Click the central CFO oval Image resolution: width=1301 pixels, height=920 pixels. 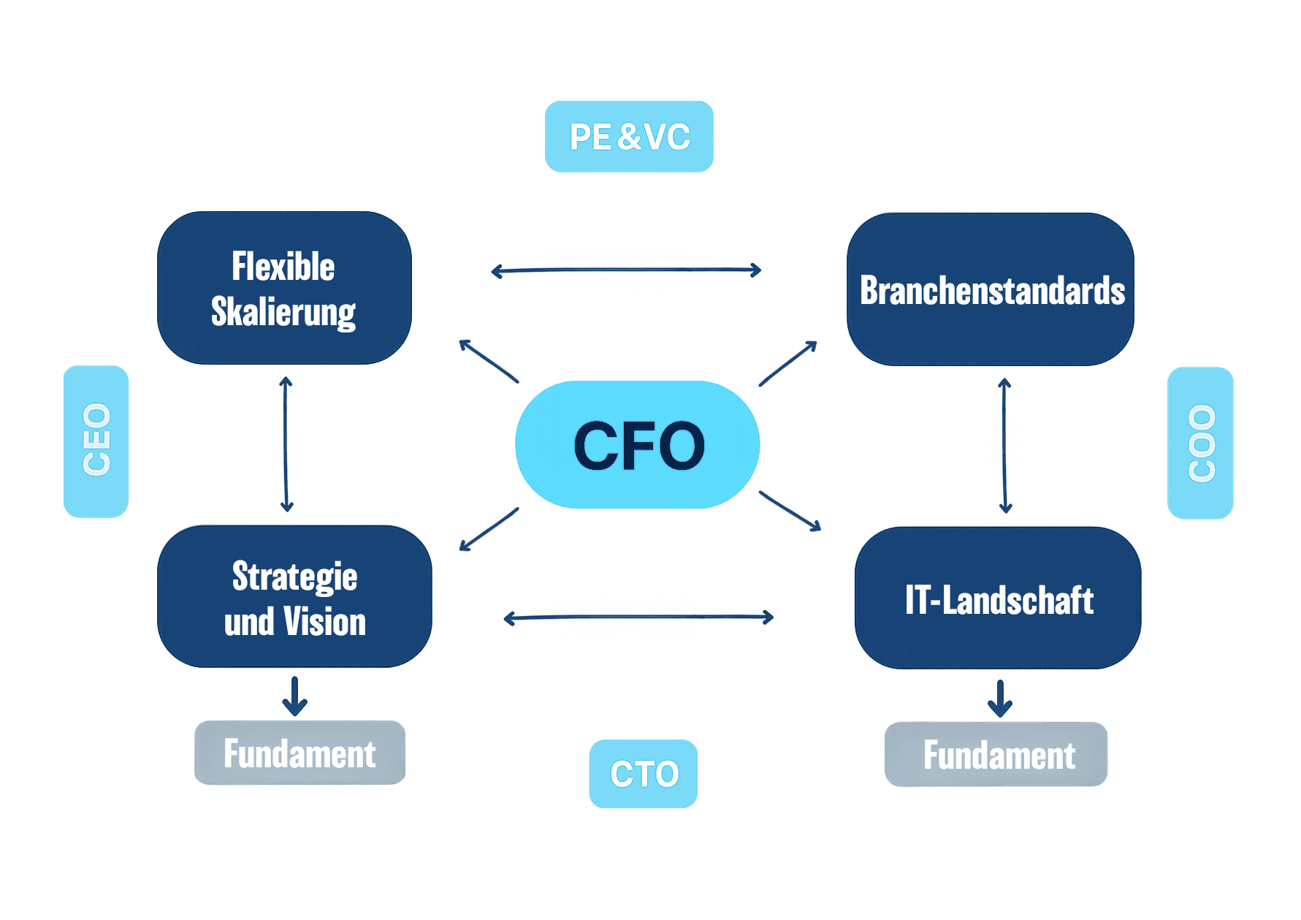[637, 444]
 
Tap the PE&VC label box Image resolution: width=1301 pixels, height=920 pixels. [629, 137]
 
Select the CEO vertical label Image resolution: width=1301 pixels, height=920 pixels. [96, 441]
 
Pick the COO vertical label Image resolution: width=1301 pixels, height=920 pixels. [1200, 443]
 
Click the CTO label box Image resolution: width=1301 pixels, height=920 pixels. [643, 773]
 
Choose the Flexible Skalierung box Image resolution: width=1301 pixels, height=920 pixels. [284, 288]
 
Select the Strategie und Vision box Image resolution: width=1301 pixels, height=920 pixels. [294, 596]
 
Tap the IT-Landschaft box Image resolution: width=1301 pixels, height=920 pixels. [998, 598]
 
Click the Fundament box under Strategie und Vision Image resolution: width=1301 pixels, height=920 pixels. [300, 753]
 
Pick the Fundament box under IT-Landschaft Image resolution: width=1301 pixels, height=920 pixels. [996, 754]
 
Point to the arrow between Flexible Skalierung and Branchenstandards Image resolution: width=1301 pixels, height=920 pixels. [626, 270]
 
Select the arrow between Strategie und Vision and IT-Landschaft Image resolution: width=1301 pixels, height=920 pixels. [638, 617]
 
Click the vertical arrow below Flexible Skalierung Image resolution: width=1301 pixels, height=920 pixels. [286, 444]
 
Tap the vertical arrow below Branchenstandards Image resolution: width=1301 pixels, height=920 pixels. [1004, 446]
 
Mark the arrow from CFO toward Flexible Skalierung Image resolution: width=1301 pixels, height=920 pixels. [489, 361]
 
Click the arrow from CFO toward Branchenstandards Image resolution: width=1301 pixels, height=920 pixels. [787, 363]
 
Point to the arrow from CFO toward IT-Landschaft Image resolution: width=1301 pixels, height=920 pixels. [790, 510]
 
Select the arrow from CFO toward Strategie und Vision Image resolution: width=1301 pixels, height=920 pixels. [489, 529]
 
